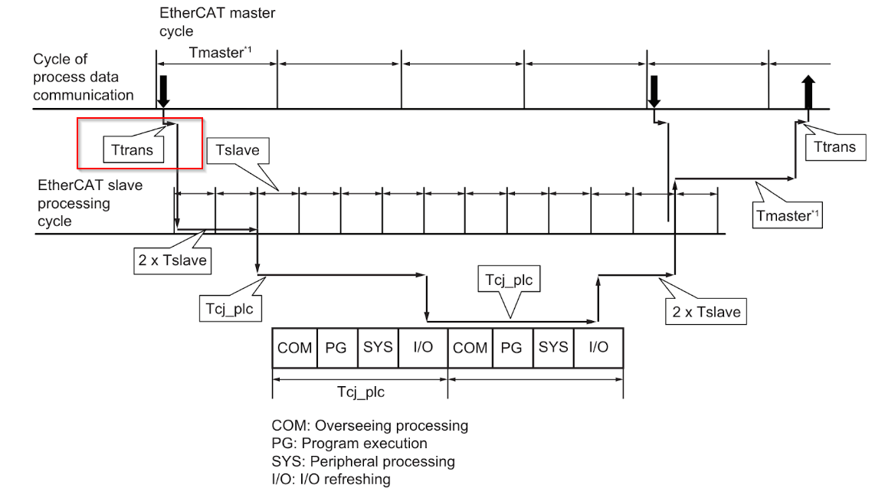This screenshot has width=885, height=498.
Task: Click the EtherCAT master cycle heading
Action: point(218,21)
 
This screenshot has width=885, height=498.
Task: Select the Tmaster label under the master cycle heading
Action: point(220,53)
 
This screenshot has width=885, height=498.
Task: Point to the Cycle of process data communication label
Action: point(83,77)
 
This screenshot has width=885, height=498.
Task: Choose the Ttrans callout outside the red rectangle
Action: point(835,147)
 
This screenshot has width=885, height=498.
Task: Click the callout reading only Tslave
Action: point(238,150)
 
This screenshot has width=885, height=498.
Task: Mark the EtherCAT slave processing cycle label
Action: point(90,203)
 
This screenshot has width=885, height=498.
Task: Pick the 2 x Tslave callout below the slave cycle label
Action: point(172,260)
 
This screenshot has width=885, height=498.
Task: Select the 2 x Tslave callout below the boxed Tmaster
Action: point(706,312)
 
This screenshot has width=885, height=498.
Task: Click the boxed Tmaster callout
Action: point(788,215)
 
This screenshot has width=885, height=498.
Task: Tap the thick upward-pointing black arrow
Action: point(808,91)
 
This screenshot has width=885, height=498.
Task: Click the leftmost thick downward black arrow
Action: point(163,91)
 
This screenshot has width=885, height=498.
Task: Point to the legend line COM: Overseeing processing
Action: point(369,425)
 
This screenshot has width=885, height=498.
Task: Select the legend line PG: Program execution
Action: point(349,444)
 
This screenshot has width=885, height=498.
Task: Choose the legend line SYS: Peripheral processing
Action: point(363,461)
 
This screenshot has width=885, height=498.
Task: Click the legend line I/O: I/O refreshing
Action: point(331,480)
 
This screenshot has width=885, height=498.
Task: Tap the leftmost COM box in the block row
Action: point(295,348)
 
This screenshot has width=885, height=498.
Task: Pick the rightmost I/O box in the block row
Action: point(599,348)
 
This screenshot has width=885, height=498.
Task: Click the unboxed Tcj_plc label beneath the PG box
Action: point(361,392)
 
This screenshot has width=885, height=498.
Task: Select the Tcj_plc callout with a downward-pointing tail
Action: point(509,280)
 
